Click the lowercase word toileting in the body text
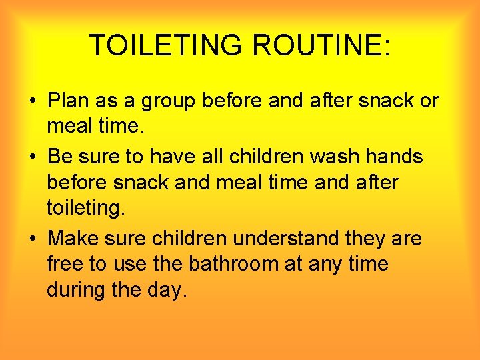pos(85,209)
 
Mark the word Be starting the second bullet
pos(61,157)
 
